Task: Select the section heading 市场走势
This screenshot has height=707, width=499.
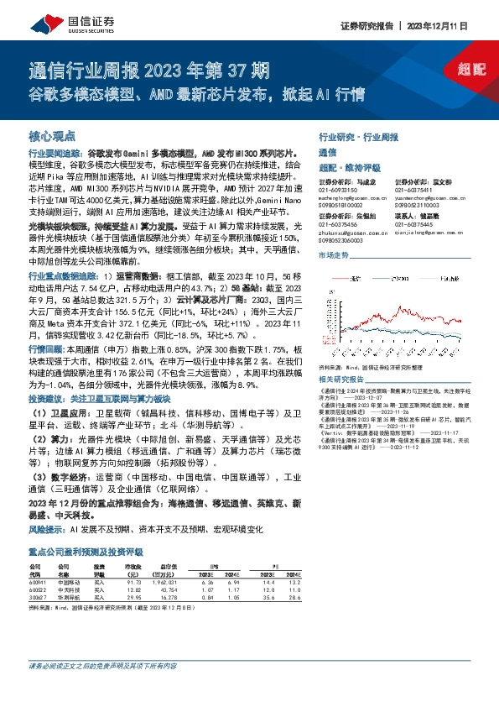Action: (333, 254)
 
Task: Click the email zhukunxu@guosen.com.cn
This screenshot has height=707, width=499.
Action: (343, 232)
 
